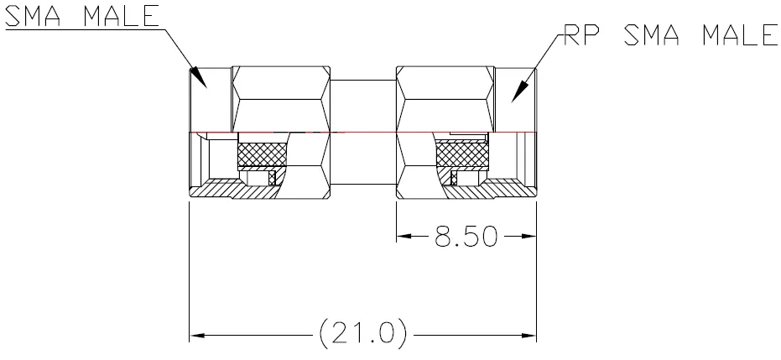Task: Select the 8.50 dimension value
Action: (466, 237)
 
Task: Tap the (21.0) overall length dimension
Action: (362, 334)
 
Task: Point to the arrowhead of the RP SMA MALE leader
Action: (520, 91)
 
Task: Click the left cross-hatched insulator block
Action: (263, 154)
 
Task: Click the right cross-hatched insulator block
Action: (461, 154)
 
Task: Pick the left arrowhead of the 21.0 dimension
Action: (197, 336)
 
